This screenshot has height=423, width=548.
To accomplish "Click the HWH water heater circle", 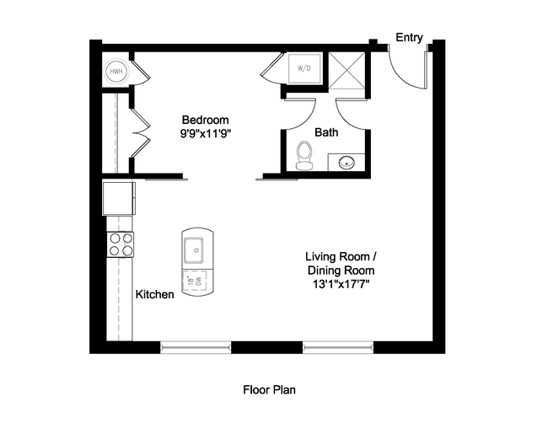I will pos(116,72).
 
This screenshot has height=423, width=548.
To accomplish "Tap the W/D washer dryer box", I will pos(302,67).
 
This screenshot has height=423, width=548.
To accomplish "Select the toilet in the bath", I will pos(305,155).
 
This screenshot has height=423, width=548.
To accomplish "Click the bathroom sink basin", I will pos(346,162).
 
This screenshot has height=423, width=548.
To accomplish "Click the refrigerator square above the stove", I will pos(118,199).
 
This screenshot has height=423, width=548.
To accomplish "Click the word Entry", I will pos(409,38).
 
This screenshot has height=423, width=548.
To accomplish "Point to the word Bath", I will pos(327,132).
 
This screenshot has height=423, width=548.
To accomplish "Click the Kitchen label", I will pos(155,294).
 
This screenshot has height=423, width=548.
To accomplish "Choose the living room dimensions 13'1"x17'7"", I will pos(340,285).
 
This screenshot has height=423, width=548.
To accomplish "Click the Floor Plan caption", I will pos(269,390).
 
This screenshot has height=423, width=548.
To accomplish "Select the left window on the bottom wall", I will pos(195,346).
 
